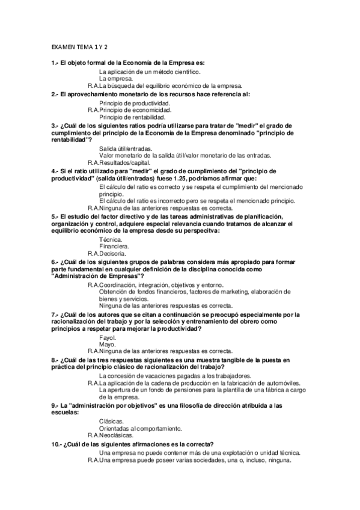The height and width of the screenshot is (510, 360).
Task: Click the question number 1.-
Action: coord(55,63)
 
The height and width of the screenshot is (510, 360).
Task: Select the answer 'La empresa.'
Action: coord(116,79)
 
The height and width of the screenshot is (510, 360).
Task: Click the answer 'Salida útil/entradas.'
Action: coord(126,149)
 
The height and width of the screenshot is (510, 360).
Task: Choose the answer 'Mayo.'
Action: coord(108,345)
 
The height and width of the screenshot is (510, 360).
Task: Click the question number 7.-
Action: coord(55,315)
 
